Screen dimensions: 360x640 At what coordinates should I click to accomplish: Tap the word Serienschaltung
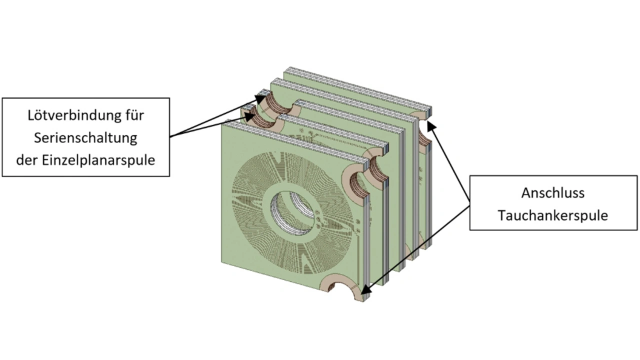click(85, 137)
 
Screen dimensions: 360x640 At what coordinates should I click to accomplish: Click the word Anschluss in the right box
click(552, 192)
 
